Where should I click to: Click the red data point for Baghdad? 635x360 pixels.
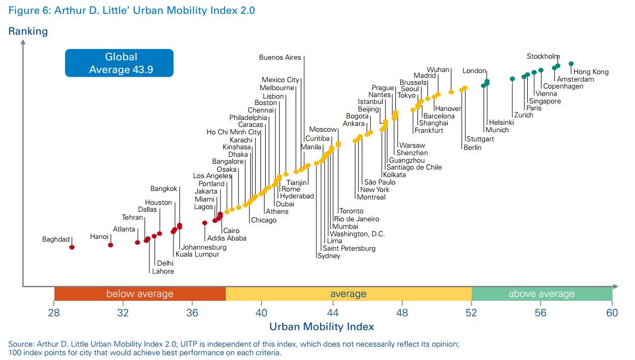(72, 247)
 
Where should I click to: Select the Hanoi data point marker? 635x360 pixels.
(110, 245)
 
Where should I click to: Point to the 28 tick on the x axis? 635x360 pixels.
(54, 313)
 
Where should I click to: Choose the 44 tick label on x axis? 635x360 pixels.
(332, 313)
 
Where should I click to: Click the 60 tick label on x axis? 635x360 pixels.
(612, 313)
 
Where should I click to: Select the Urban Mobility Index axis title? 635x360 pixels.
(321, 326)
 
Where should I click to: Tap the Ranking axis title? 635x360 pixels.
(28, 31)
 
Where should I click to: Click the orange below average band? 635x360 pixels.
(140, 294)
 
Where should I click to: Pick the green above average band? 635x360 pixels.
(541, 294)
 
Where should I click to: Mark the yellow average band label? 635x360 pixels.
(348, 294)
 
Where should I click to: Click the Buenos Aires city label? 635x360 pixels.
(280, 58)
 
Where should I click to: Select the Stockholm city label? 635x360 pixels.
(543, 57)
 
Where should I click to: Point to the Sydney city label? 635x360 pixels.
(329, 256)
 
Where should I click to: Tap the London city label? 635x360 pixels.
(474, 71)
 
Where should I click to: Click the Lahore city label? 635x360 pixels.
(163, 271)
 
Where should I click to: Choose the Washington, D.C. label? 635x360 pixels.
(358, 234)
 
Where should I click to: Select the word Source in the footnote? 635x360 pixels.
(20, 344)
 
